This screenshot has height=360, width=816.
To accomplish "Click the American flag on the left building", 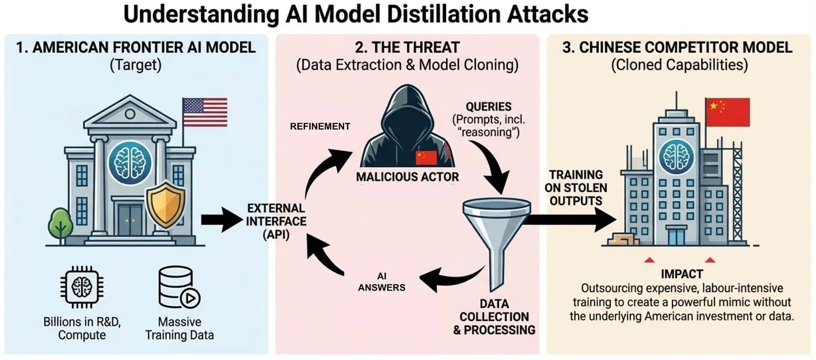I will (x=205, y=112).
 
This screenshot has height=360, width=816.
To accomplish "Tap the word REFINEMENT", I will (x=320, y=127).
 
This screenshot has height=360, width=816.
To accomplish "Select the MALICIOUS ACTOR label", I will (x=408, y=177).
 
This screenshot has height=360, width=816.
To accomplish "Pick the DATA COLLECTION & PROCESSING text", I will (x=494, y=317).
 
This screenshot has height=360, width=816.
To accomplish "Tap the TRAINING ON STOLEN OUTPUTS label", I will (x=576, y=187).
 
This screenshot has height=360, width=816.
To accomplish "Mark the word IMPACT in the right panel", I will (x=681, y=275).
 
